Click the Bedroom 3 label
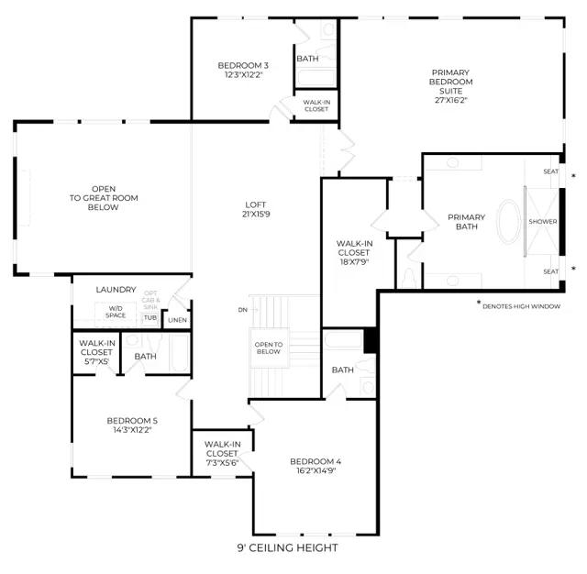243,65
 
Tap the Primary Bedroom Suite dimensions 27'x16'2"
451,100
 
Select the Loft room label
256,204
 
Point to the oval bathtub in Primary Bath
508,222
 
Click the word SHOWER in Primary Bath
543,222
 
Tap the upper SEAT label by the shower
550,171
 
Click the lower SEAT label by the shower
550,271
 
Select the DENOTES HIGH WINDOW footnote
521,306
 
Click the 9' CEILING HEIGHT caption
287,547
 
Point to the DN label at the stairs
242,310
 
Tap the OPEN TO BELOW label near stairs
269,348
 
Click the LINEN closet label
177,320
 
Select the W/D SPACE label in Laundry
116,312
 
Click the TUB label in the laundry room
150,317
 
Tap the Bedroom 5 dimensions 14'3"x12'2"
132,430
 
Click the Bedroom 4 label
316,461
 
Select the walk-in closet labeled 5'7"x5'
96,352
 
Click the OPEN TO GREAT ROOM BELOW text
104,198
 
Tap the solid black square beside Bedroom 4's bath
371,340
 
